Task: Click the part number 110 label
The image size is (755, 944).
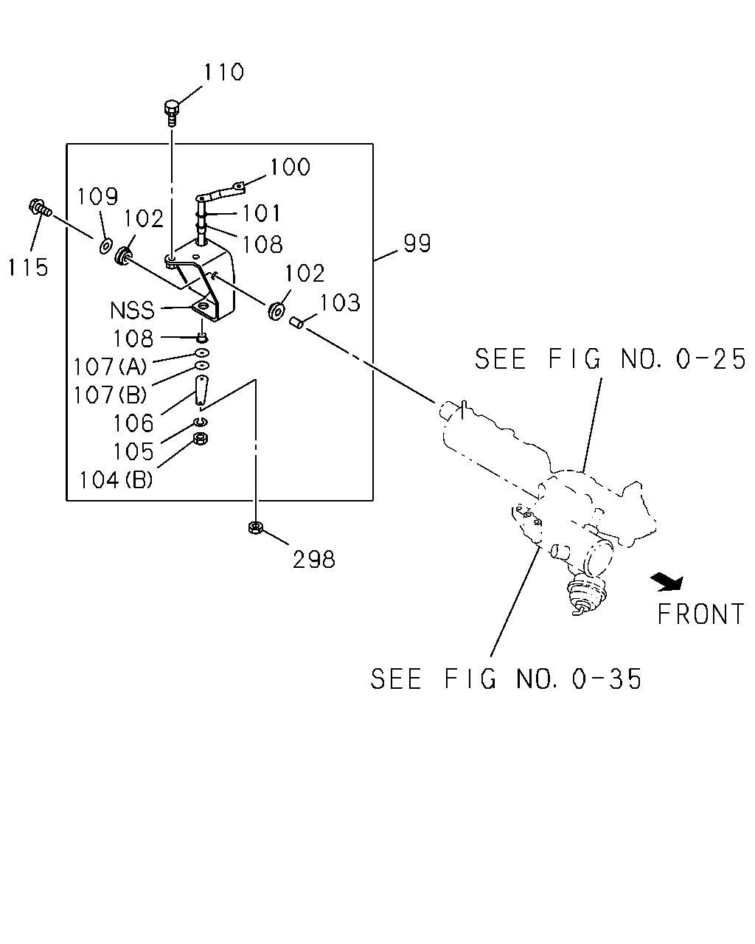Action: pyautogui.click(x=223, y=72)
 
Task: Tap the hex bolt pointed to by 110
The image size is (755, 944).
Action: pyautogui.click(x=172, y=113)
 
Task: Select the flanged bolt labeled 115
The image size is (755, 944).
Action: pyautogui.click(x=40, y=208)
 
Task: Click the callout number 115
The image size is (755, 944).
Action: pyautogui.click(x=28, y=267)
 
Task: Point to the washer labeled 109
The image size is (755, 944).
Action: pyautogui.click(x=105, y=246)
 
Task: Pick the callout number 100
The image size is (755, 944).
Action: pyautogui.click(x=290, y=167)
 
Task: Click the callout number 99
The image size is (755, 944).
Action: pyautogui.click(x=417, y=243)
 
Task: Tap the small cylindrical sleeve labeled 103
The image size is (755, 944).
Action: pyautogui.click(x=296, y=324)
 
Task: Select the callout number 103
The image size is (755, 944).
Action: pyautogui.click(x=340, y=302)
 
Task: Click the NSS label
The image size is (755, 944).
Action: pyautogui.click(x=132, y=310)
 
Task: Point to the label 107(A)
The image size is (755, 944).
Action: pyautogui.click(x=110, y=367)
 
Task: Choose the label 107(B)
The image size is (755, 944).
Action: pyautogui.click(x=110, y=395)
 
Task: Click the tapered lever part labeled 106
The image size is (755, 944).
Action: pyautogui.click(x=201, y=391)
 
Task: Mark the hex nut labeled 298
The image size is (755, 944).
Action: pyautogui.click(x=255, y=527)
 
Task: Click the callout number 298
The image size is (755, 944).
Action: pyautogui.click(x=313, y=560)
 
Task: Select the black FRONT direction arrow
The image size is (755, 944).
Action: pyautogui.click(x=667, y=582)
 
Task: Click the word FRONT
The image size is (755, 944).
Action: pyautogui.click(x=700, y=614)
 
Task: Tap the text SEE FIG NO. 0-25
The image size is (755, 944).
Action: pyautogui.click(x=610, y=358)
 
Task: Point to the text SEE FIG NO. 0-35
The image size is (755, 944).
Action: pyautogui.click(x=506, y=679)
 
